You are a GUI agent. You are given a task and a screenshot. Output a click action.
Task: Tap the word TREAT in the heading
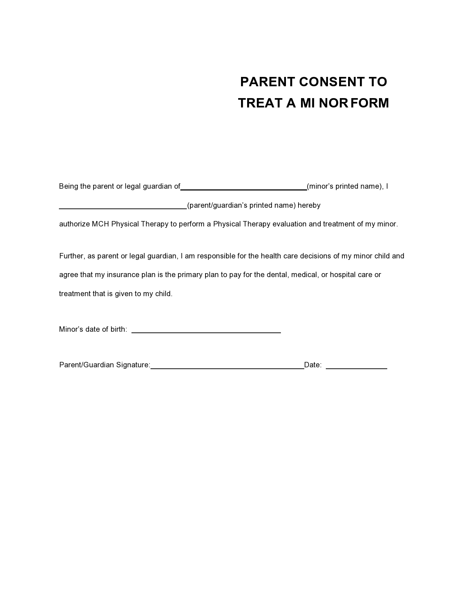pyautogui.click(x=260, y=103)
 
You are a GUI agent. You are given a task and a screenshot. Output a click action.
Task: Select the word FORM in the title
pyautogui.click(x=370, y=103)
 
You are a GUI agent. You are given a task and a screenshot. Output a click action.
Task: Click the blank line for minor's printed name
pyautogui.click(x=244, y=188)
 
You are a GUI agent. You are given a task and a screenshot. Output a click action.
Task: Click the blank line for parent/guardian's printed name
pyautogui.click(x=123, y=207)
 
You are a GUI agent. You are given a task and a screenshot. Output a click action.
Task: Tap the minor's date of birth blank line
pyautogui.click(x=206, y=331)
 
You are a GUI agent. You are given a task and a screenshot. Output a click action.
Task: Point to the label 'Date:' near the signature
pyautogui.click(x=313, y=365)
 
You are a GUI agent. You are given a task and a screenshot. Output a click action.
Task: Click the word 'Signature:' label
pyautogui.click(x=133, y=365)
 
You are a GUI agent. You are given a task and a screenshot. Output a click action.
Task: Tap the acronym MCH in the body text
pyautogui.click(x=101, y=224)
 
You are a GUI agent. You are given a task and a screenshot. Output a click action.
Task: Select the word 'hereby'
pyautogui.click(x=309, y=206)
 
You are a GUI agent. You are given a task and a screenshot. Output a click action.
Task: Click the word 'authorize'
pyautogui.click(x=74, y=224)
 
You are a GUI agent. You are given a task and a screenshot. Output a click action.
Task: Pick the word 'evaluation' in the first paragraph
pyautogui.click(x=290, y=224)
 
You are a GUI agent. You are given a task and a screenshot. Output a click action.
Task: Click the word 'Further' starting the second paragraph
pyautogui.click(x=71, y=256)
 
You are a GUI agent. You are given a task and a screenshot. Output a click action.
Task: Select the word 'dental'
pyautogui.click(x=277, y=275)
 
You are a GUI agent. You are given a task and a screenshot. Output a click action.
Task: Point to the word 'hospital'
pyautogui.click(x=343, y=275)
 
